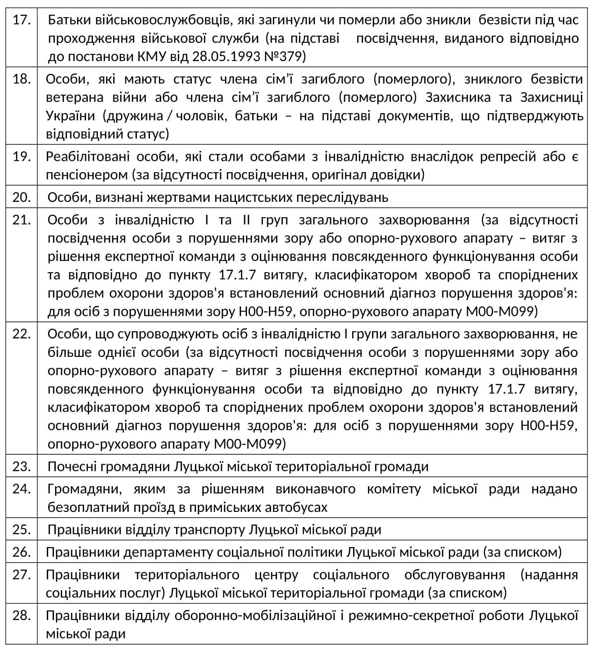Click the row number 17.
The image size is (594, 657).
[21, 20]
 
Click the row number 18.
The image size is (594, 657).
[21, 79]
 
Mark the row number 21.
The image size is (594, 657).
[21, 220]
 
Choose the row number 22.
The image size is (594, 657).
[21, 334]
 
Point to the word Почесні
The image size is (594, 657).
[71, 466]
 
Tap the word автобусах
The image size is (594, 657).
[297, 507]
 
